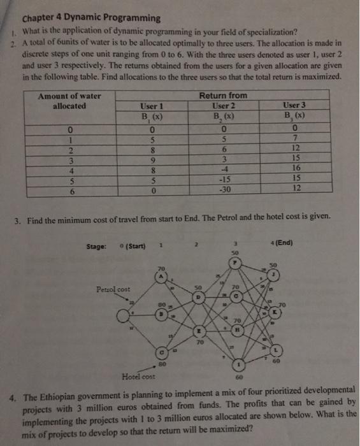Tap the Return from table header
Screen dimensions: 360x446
[223, 95]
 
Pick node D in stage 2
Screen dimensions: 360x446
[199, 296]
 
